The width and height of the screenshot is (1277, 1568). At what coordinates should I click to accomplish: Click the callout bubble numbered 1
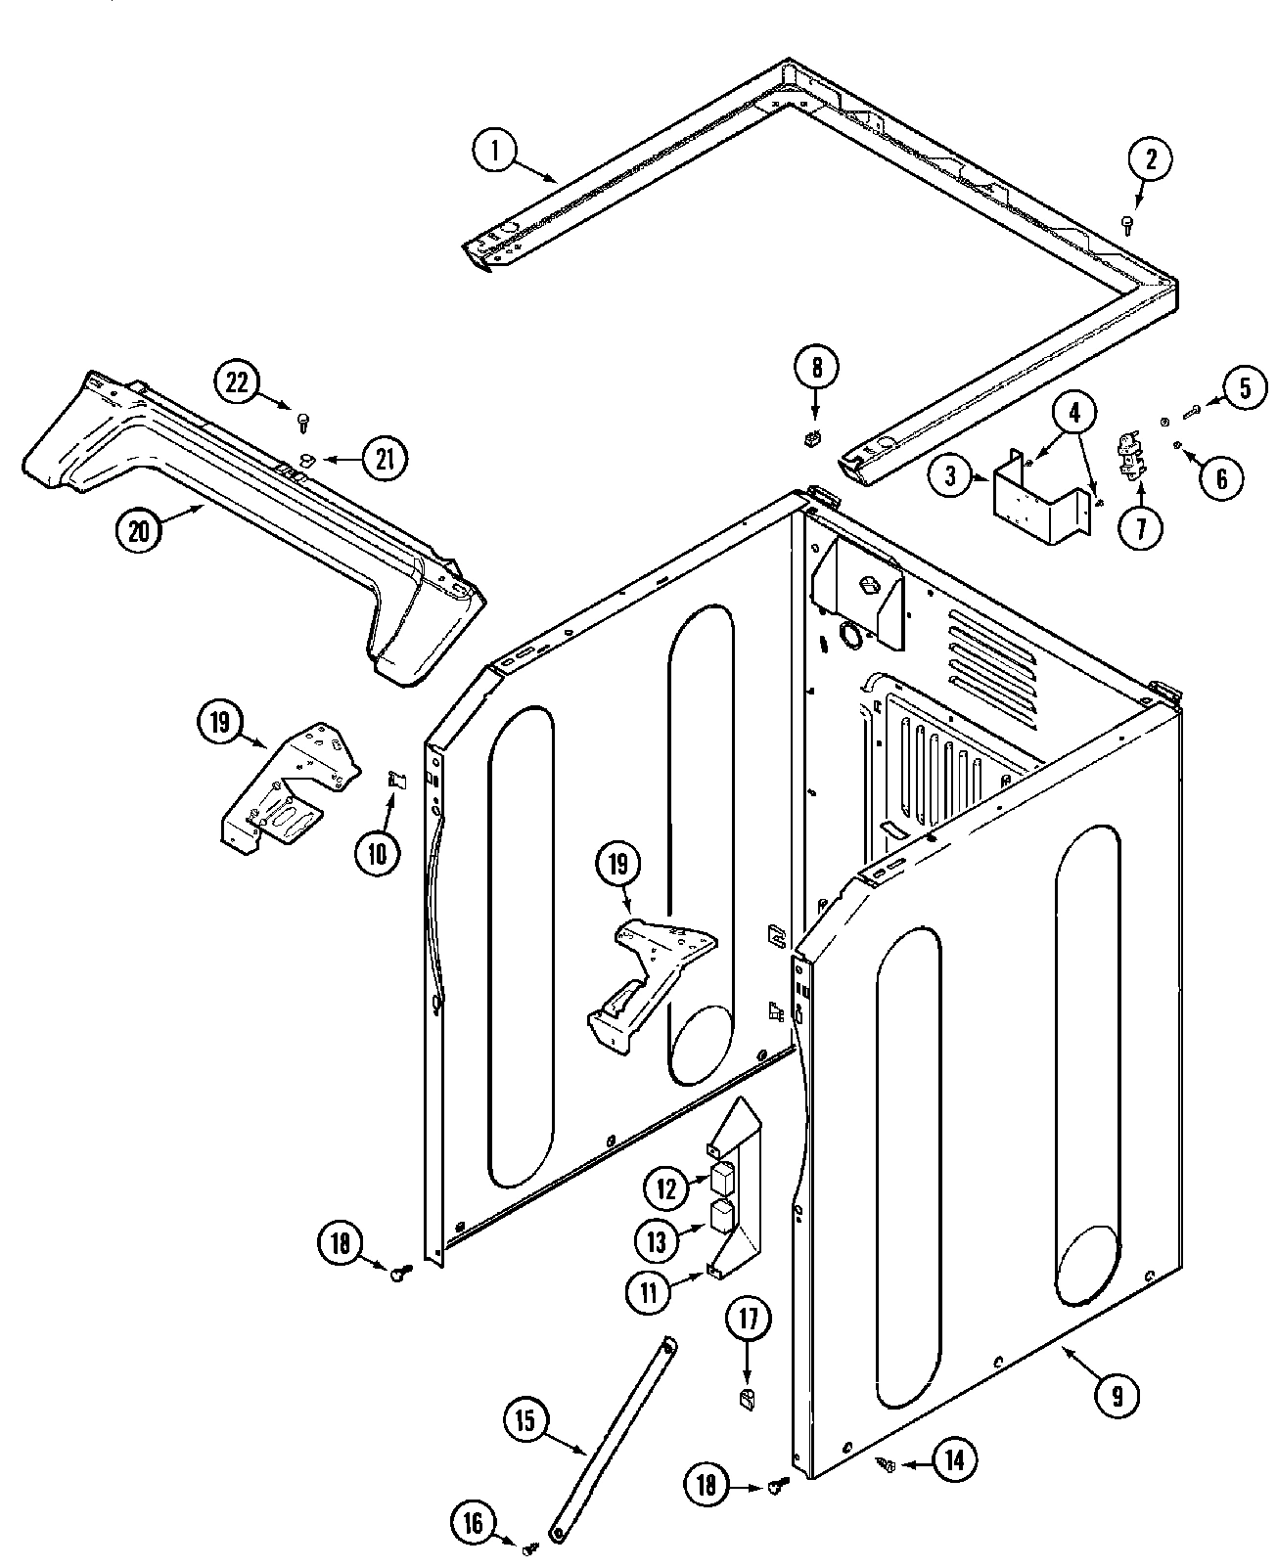click(x=496, y=152)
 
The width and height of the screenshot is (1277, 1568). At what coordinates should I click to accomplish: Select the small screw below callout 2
click(x=1128, y=226)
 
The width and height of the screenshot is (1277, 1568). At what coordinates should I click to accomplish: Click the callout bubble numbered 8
click(x=817, y=369)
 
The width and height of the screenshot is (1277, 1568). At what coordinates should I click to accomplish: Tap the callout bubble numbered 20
click(x=140, y=531)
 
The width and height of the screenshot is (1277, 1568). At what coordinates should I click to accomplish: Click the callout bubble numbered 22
click(x=238, y=382)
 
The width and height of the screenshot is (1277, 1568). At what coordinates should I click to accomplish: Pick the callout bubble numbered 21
click(x=385, y=458)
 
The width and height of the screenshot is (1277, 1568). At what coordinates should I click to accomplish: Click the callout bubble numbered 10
click(x=378, y=852)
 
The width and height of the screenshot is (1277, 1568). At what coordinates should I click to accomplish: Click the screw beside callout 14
click(x=888, y=1464)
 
